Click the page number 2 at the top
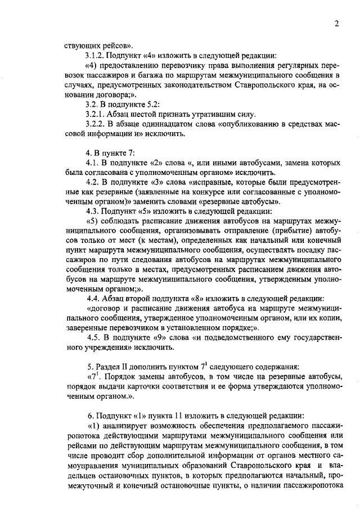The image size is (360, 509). (x=336, y=24)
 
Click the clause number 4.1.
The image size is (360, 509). (x=92, y=163)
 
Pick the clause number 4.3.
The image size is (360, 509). (x=92, y=211)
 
